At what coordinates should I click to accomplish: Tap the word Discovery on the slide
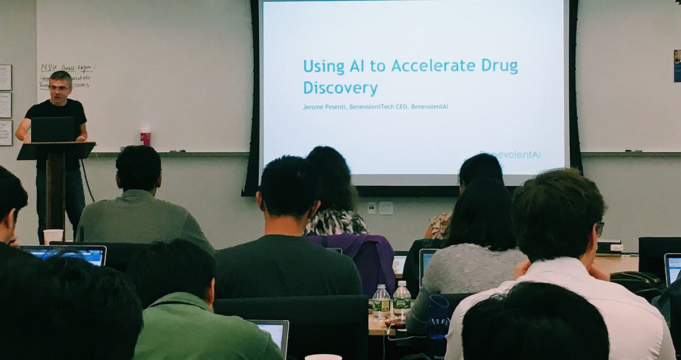click(340, 88)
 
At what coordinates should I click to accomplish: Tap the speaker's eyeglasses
click(59, 88)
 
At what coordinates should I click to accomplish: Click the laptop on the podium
click(52, 129)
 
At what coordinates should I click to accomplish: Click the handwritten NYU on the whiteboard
click(49, 68)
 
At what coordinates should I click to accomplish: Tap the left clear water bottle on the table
click(381, 302)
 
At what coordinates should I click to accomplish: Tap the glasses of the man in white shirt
click(600, 228)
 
